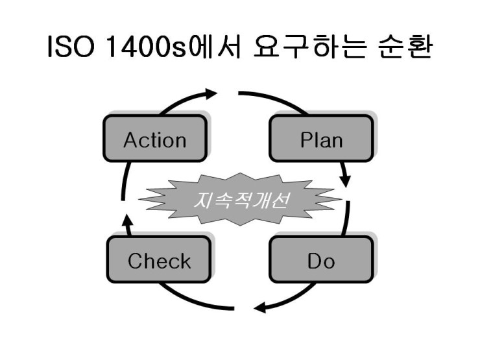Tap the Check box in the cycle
point(159,261)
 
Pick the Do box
point(321,261)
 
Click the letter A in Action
point(130,140)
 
